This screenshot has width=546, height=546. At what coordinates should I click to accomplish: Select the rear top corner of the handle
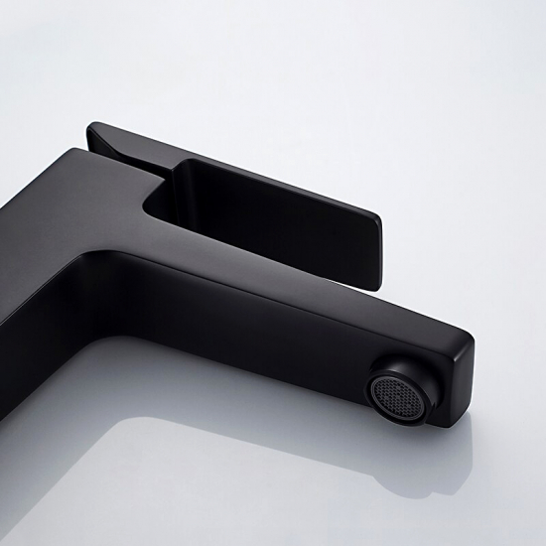[x=93, y=128]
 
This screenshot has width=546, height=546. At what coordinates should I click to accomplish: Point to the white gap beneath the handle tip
[x=392, y=273]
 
